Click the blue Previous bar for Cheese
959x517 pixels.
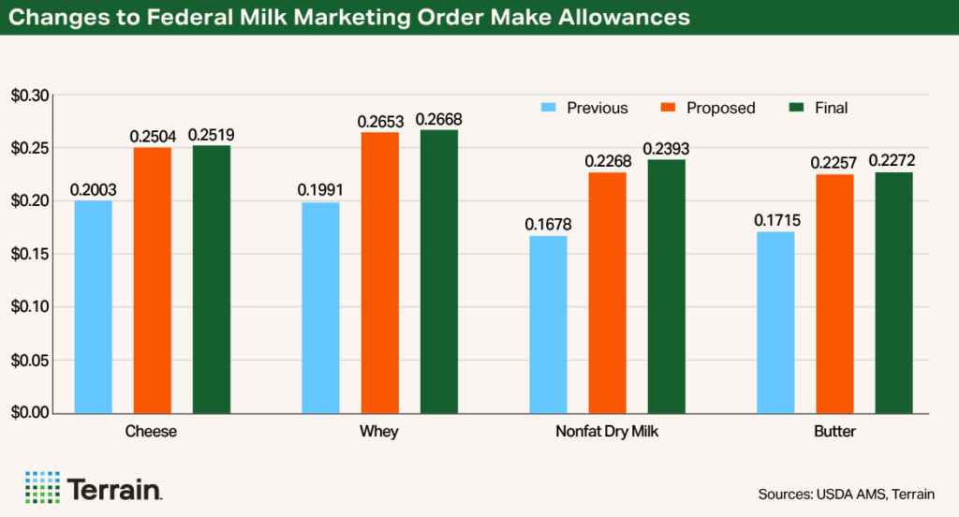[93, 306]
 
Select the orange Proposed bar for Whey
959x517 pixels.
[379, 273]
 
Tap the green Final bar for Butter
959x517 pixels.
[893, 292]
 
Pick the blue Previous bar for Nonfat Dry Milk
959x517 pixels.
[548, 324]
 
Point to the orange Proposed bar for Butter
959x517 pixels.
[834, 293]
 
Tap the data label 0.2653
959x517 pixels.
[379, 121]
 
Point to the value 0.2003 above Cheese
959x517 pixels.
[93, 189]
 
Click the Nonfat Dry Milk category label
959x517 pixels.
[607, 433]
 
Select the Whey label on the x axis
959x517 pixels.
[379, 433]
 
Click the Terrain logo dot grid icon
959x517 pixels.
[41, 487]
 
